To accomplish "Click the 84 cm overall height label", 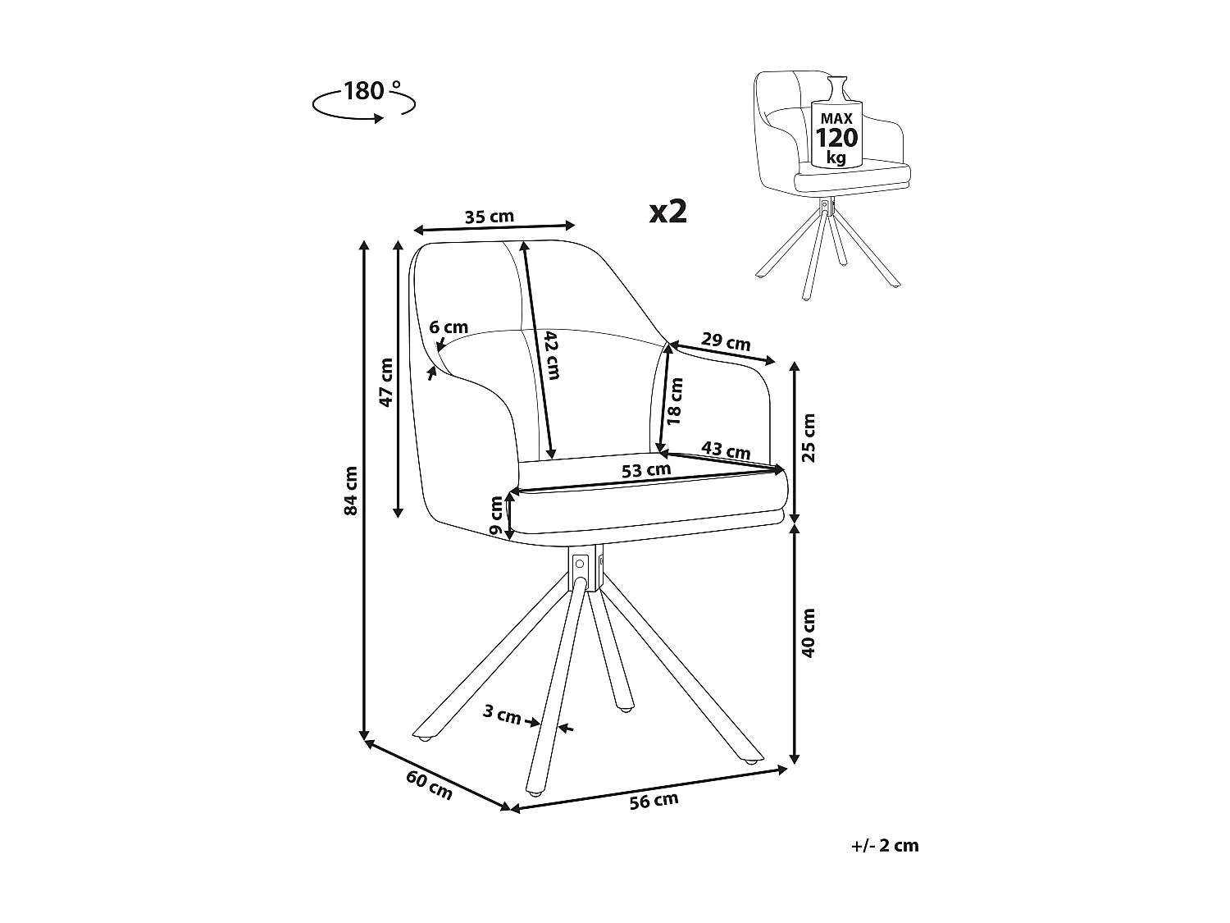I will pyautogui.click(x=352, y=491).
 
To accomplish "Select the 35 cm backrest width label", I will pyautogui.click(x=490, y=217).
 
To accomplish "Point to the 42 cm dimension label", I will pyautogui.click(x=551, y=354).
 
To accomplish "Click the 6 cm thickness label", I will pyautogui.click(x=449, y=327).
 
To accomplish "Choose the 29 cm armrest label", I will pyautogui.click(x=727, y=343).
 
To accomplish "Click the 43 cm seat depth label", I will pyautogui.click(x=727, y=450).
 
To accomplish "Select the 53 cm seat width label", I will pyautogui.click(x=646, y=471).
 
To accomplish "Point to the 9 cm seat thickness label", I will pyautogui.click(x=496, y=517).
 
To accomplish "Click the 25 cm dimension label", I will pyautogui.click(x=809, y=438).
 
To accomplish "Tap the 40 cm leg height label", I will pyautogui.click(x=809, y=633).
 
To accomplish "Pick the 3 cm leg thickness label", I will pyautogui.click(x=502, y=715).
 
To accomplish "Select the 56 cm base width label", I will pyautogui.click(x=654, y=801).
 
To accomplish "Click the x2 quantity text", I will pyautogui.click(x=667, y=212).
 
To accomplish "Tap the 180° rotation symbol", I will pyautogui.click(x=364, y=100).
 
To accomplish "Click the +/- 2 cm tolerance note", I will pyautogui.click(x=885, y=846).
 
